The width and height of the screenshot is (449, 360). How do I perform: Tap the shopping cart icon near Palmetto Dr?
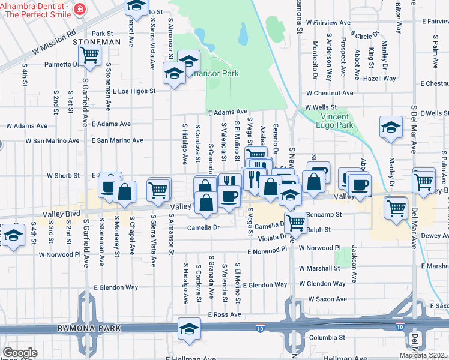89,56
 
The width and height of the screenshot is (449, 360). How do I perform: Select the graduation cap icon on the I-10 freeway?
189,329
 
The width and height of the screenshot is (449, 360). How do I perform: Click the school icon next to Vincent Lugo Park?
391,127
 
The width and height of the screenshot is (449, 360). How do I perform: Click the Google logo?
20,353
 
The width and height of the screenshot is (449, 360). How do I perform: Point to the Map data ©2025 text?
424,355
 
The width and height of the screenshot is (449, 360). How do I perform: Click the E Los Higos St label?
134,91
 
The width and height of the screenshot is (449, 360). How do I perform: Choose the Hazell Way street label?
379,79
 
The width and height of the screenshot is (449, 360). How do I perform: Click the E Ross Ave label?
224,314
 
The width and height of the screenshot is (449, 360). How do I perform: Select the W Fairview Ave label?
328,22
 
